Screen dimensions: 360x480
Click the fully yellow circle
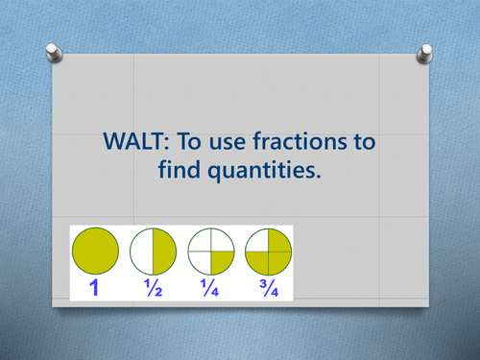[95, 252]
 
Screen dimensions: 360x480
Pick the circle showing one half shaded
[153, 252]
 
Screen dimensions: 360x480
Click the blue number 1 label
[94, 287]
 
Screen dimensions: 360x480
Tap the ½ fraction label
[153, 287]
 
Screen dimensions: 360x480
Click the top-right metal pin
[424, 49]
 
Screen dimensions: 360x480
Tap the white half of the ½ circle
[141, 252]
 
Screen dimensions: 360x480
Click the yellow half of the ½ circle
[164, 252]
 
